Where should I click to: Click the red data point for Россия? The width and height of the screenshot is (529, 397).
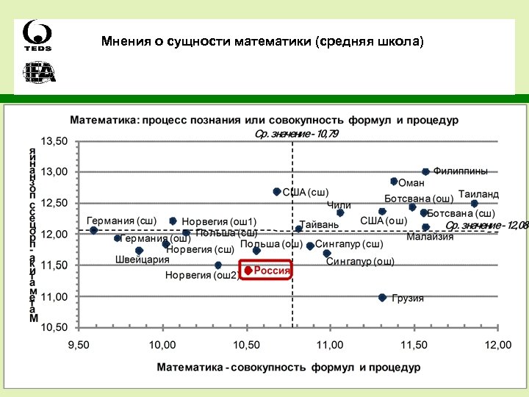point(248,271)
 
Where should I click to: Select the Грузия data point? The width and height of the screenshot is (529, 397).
point(382,297)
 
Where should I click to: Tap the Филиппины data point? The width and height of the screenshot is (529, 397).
point(425,171)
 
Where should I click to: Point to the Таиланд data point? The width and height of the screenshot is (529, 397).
point(474,203)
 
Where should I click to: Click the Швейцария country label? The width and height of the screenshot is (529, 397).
point(142,260)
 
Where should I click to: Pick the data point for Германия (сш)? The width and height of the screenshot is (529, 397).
point(93,230)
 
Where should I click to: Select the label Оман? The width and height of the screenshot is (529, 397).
point(411,182)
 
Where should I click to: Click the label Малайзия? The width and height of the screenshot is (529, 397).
point(430,237)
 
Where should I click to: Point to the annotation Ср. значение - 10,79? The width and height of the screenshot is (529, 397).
point(296,134)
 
